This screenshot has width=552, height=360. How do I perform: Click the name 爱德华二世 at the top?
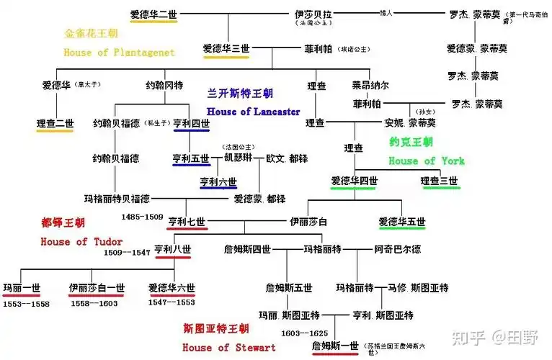point(153,14)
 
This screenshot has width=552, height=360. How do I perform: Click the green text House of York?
point(427,161)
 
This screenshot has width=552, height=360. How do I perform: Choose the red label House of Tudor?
point(81,242)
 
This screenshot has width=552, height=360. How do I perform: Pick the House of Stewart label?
point(229,348)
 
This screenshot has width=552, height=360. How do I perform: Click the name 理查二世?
point(55,124)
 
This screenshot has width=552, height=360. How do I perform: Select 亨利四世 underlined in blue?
point(191,124)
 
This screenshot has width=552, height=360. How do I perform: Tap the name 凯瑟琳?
point(239,158)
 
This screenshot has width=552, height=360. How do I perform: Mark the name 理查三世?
point(440,181)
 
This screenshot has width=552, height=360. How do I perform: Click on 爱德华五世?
point(401,222)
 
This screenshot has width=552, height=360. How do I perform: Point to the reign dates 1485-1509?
point(143,216)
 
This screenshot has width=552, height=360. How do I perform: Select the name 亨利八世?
point(173,250)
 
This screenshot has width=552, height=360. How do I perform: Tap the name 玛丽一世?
point(22,288)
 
